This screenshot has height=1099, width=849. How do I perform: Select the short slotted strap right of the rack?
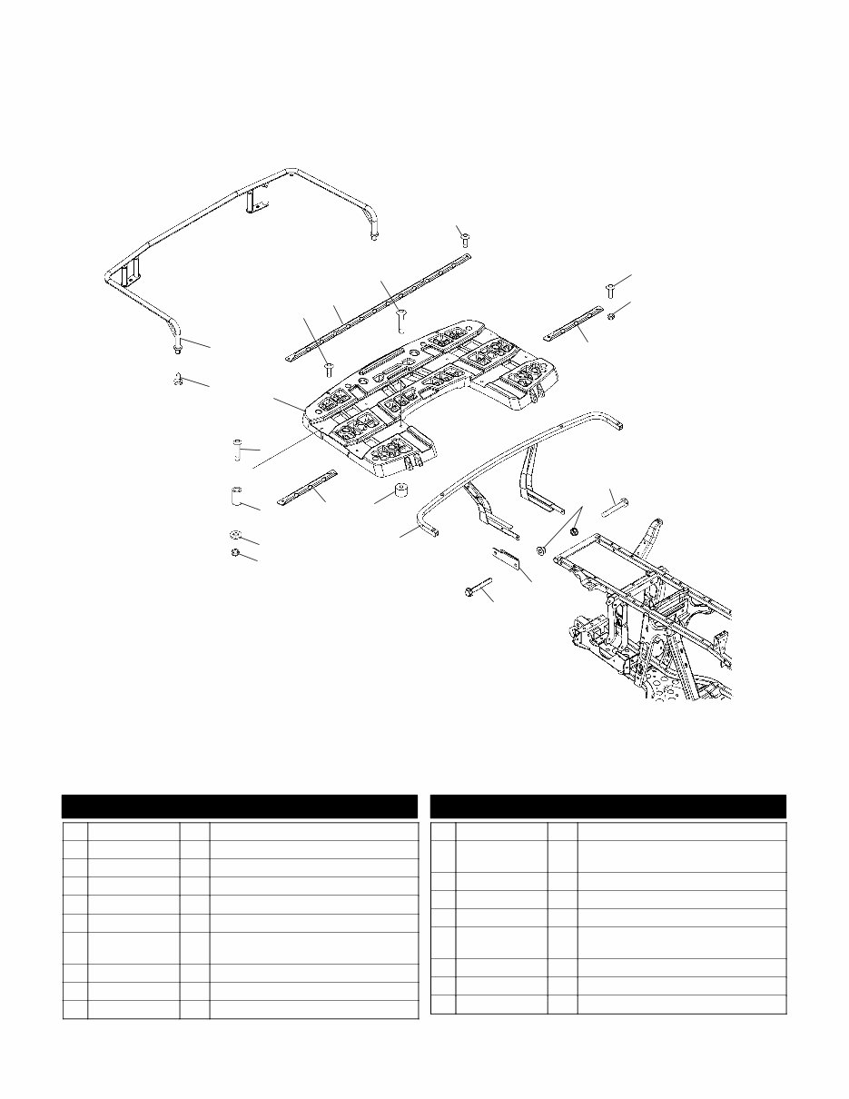572,325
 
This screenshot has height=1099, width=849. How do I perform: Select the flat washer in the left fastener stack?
234,534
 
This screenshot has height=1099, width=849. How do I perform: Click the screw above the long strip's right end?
464,238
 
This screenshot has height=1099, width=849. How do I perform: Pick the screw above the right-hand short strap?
610,290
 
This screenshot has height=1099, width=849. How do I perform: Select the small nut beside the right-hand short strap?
612,314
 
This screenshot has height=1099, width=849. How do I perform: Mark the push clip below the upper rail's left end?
178,380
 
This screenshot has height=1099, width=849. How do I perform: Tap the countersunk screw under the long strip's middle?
400,318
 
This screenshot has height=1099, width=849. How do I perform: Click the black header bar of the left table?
240,807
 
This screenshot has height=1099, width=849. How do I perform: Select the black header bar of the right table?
607,807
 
